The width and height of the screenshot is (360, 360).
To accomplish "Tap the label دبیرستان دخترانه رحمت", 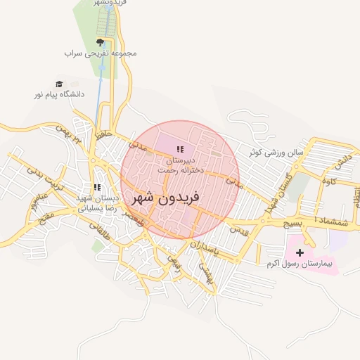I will pyautogui.click(x=180, y=165).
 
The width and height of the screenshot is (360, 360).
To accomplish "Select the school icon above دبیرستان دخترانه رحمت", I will pyautogui.click(x=180, y=149).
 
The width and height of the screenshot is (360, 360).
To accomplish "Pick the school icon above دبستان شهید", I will pyautogui.click(x=97, y=188).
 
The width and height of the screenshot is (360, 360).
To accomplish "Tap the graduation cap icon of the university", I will pyautogui.click(x=58, y=83).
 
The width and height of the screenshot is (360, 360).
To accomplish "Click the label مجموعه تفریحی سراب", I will pyautogui.click(x=101, y=53).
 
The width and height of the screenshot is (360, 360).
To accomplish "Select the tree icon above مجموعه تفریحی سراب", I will pyautogui.click(x=101, y=42).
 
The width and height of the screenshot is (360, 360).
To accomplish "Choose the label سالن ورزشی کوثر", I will pyautogui.click(x=278, y=151).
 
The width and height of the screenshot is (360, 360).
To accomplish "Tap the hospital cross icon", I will pyautogui.click(x=301, y=252).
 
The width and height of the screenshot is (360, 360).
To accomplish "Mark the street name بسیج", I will pyautogui.click(x=290, y=223).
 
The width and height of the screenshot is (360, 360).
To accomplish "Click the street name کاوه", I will pyautogui.click(x=329, y=182).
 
